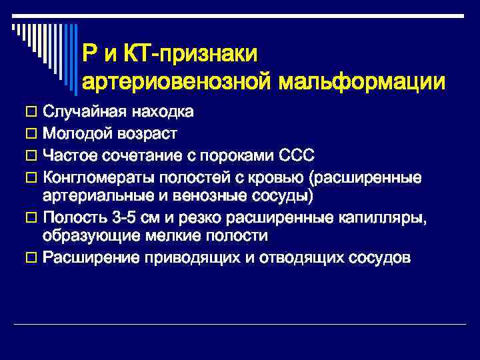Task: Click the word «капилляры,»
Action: [389, 218]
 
